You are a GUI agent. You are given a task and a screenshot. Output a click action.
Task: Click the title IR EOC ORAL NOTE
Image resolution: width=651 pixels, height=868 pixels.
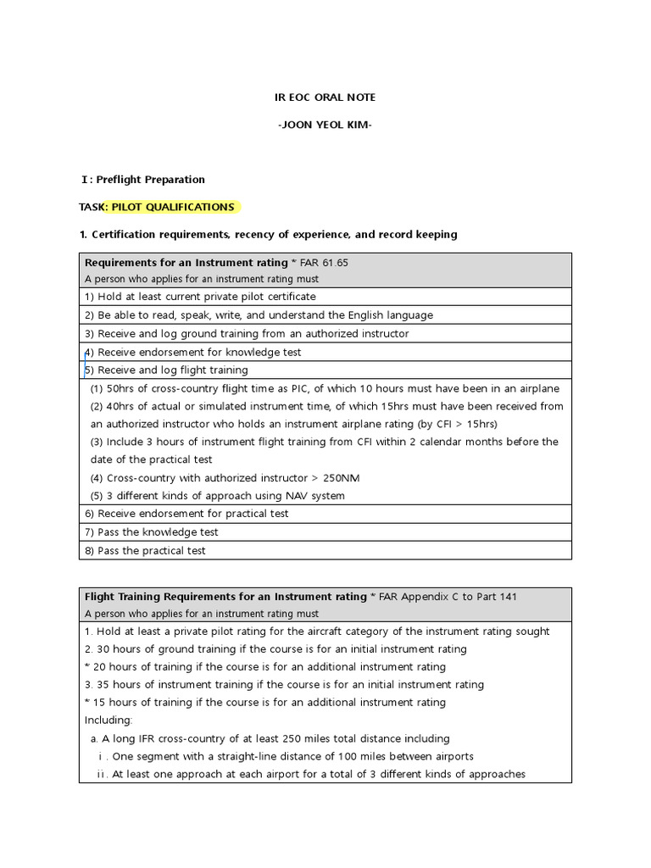(x=325, y=97)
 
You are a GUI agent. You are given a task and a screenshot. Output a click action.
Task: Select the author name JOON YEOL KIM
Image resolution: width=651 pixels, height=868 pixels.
(x=325, y=125)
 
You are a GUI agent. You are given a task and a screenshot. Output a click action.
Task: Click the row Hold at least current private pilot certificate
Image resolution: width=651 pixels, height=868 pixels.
(x=200, y=297)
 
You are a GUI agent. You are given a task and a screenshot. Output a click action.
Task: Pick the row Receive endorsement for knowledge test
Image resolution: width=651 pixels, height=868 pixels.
(x=193, y=352)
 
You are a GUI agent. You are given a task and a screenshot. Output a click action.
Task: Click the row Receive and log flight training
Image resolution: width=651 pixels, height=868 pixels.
(x=167, y=370)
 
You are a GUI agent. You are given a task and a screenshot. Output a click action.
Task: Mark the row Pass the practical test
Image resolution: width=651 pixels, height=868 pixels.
(x=145, y=551)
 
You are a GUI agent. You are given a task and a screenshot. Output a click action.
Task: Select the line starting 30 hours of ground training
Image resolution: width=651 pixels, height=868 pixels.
(x=275, y=649)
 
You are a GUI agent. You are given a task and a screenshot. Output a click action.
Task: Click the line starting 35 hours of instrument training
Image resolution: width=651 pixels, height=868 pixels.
(x=284, y=685)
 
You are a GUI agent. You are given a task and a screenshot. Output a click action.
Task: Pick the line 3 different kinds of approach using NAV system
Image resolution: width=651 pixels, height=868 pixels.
(x=218, y=496)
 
